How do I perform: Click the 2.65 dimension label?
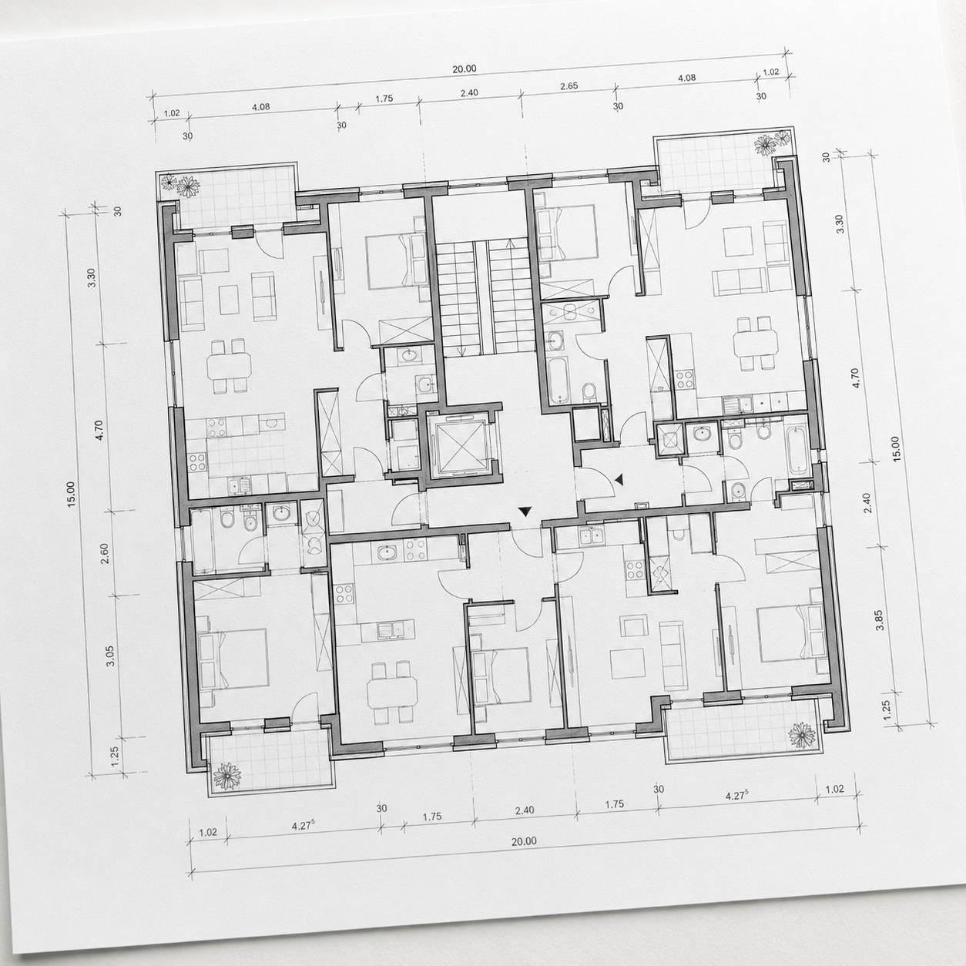coord(569,86)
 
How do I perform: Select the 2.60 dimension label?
coord(105,553)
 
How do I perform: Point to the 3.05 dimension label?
coord(110,656)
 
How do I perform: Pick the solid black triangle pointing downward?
coord(525,512)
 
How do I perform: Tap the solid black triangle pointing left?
coord(619,480)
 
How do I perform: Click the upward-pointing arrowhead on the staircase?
coord(511,244)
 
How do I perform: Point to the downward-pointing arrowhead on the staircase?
coord(461,351)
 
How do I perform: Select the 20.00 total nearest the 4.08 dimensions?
coord(465,69)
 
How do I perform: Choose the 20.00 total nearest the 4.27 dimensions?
coord(524,841)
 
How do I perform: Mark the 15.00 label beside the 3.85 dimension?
coord(895,449)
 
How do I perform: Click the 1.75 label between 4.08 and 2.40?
coord(384,99)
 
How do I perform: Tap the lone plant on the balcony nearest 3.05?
coord(227,776)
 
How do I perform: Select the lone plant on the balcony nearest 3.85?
coord(803,736)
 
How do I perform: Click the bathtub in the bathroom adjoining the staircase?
coord(558,380)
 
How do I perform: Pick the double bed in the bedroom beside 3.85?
coord(792,634)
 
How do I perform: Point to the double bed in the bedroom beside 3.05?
coord(233,659)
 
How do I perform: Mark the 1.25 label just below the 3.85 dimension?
coord(887,710)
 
